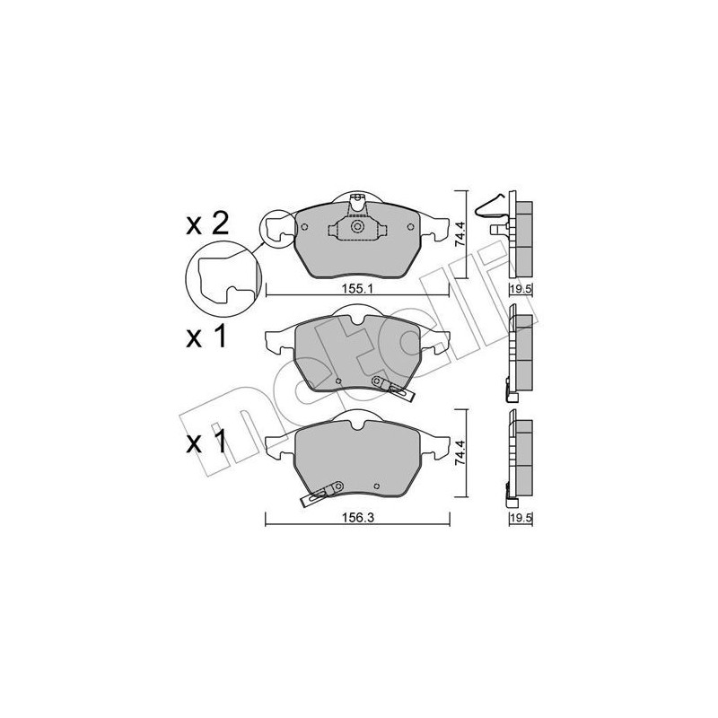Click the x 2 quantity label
point(208,224)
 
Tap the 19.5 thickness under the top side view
point(521,289)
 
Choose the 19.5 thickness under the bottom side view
point(521,518)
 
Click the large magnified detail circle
point(221,274)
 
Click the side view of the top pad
point(520,233)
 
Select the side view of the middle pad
point(519,351)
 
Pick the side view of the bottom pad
point(519,457)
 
